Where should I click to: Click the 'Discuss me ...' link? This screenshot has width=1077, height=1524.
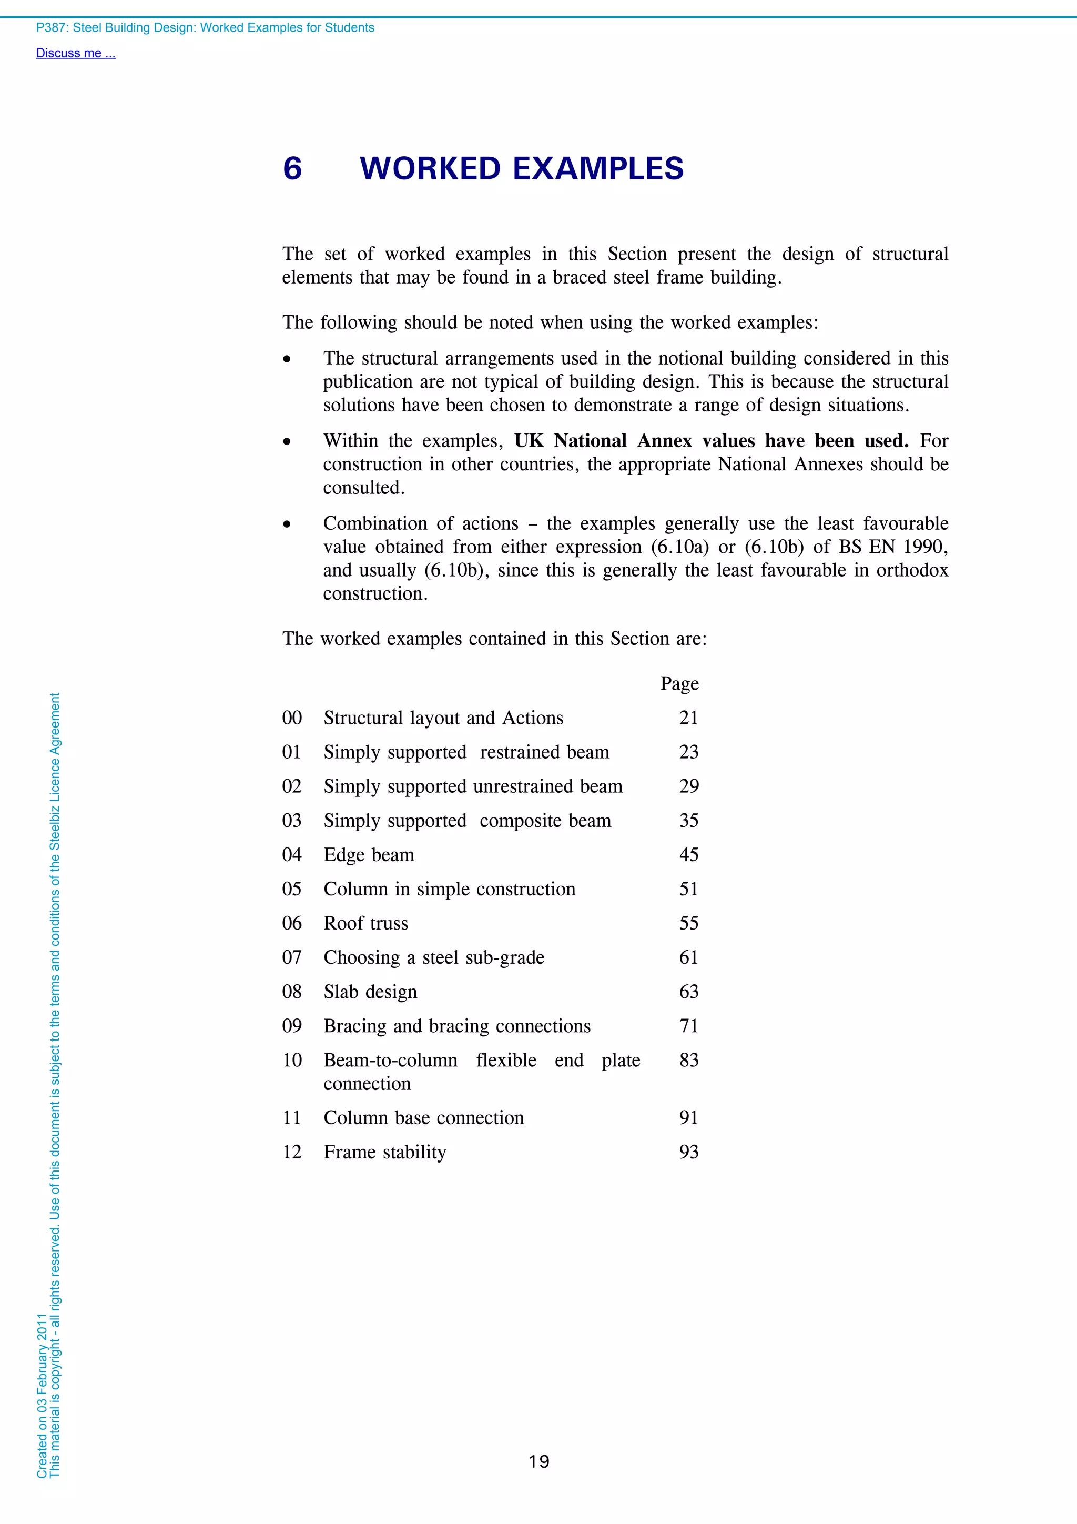click(76, 53)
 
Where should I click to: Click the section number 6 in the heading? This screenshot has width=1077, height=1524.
click(292, 168)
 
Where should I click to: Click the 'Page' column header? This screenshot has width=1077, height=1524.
click(679, 684)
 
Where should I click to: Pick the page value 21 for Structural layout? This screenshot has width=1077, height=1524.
click(688, 718)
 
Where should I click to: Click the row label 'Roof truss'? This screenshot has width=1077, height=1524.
click(365, 923)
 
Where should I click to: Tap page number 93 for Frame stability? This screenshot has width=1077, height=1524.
click(688, 1152)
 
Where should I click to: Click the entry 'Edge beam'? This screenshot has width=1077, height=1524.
click(369, 855)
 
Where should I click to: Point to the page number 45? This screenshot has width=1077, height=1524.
click(688, 854)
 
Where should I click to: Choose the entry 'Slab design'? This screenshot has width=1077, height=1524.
click(370, 992)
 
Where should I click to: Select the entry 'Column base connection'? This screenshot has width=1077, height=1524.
click(423, 1118)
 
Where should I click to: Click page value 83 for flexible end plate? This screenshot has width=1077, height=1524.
click(688, 1060)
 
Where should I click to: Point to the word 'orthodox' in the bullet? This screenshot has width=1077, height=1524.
click(912, 570)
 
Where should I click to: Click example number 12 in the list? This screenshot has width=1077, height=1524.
click(292, 1152)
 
